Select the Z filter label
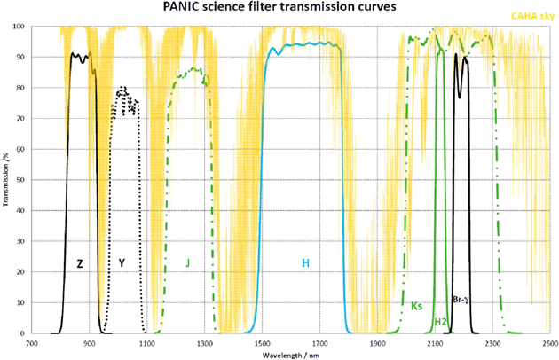coord(79,263)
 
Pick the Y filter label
coord(122,263)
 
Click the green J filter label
coord(188,263)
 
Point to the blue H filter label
coord(305,263)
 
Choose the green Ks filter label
coord(416,306)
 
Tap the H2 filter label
coord(440,321)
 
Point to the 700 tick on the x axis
coord(32,342)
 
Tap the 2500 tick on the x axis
coord(550,342)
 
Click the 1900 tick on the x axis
coord(377,342)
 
